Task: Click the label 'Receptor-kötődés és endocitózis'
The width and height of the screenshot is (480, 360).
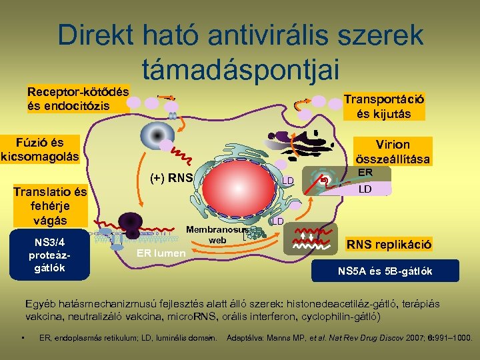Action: click(x=77, y=98)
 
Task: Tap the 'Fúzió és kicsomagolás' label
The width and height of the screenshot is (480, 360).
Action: click(x=40, y=150)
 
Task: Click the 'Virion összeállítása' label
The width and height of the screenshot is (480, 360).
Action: click(x=393, y=151)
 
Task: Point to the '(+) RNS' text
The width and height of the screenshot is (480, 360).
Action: click(x=171, y=178)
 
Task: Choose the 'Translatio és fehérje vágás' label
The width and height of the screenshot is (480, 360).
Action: click(x=50, y=206)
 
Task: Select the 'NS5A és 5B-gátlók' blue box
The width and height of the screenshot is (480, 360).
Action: click(x=385, y=271)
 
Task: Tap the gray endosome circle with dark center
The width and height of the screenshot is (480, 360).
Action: click(x=157, y=135)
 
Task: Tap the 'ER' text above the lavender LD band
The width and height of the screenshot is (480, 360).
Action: click(x=365, y=172)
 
